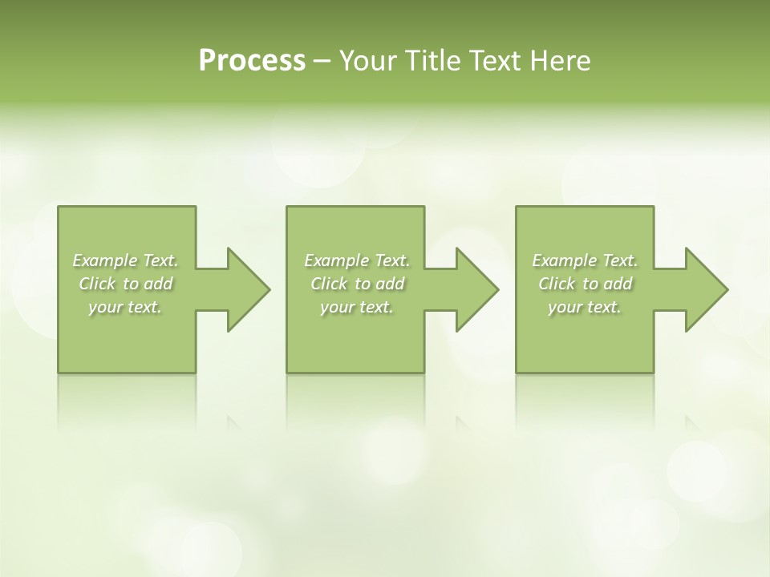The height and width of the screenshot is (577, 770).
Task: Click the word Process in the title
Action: point(252,61)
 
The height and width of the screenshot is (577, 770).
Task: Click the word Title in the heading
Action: point(437,61)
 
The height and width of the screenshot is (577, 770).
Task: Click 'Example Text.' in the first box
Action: point(125,260)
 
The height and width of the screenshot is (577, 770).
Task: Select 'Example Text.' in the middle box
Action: point(357,260)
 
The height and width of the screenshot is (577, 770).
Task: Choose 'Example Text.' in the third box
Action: point(585,260)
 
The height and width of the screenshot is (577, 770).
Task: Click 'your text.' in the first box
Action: point(125,307)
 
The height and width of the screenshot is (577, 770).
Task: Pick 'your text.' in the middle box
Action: point(357,307)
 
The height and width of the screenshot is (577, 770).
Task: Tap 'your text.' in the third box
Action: point(585,307)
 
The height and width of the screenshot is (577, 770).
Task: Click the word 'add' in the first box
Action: point(159,284)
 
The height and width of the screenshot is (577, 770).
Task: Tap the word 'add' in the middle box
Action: point(391,284)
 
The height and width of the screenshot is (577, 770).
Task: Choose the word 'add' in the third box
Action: point(618,284)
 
